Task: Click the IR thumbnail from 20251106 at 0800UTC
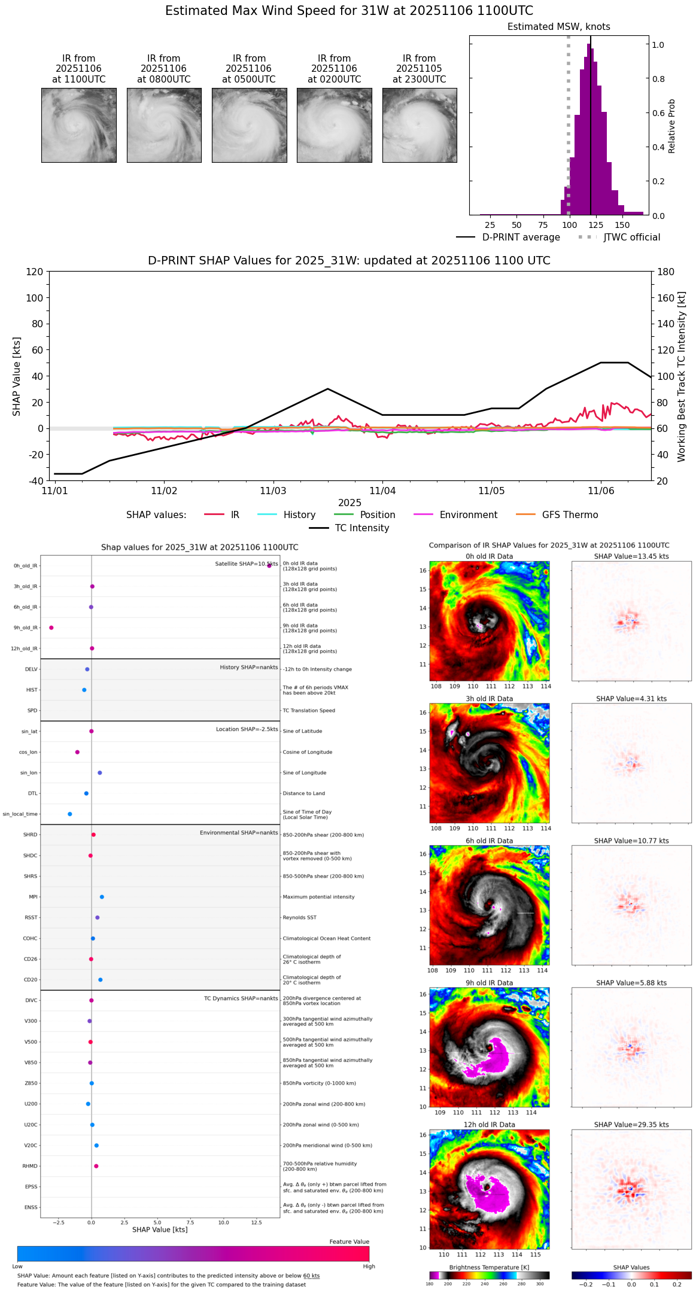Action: (x=164, y=125)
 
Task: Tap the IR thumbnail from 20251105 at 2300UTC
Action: (x=420, y=125)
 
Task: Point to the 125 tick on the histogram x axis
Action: (x=596, y=226)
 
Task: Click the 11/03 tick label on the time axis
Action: (x=273, y=491)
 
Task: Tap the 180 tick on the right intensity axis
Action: (x=666, y=272)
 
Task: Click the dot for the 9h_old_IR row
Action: (x=51, y=628)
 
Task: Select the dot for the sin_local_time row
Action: (x=70, y=814)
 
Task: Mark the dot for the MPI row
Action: (x=102, y=897)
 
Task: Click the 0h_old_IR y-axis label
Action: (x=26, y=566)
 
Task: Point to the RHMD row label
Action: (x=31, y=1166)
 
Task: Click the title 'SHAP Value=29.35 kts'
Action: (x=631, y=1125)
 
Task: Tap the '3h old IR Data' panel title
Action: (x=490, y=699)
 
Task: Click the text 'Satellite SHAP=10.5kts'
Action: (x=247, y=564)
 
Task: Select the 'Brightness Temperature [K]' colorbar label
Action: (x=489, y=1267)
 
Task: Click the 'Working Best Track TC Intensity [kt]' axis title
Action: (x=682, y=376)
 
